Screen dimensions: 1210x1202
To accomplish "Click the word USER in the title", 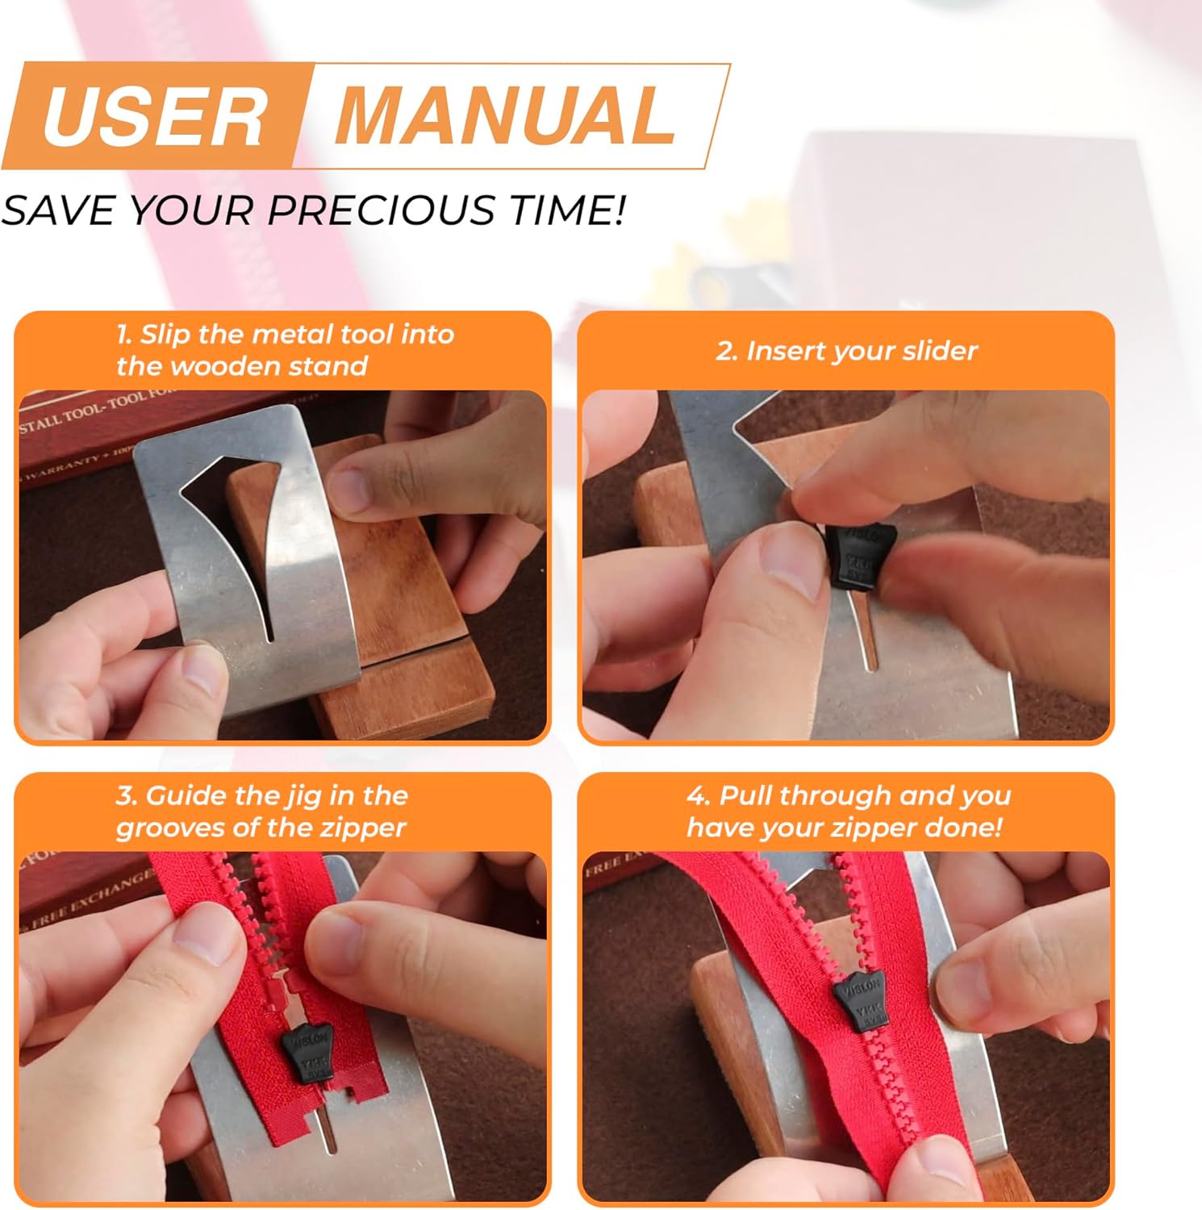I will click(153, 117).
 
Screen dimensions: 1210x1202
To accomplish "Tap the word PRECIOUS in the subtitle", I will click(381, 211).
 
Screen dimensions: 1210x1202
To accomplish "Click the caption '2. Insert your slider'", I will click(846, 351).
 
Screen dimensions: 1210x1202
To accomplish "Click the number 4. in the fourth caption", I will click(699, 796).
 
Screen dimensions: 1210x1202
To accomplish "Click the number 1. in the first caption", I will click(124, 335).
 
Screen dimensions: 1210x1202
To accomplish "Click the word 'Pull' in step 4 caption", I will click(746, 796).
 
